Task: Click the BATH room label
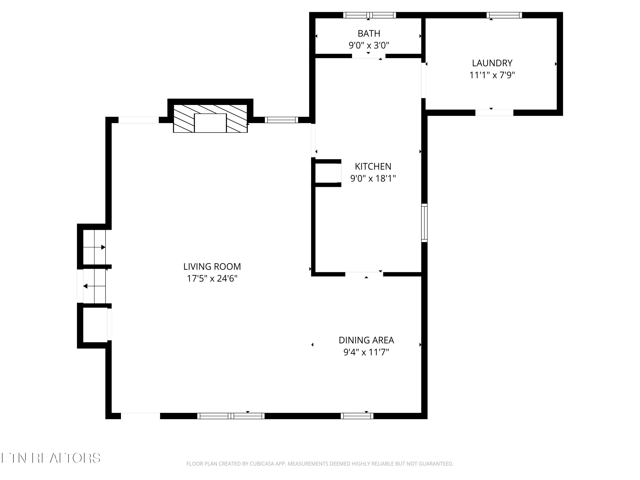369,33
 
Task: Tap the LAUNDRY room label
492,63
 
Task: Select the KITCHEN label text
373,166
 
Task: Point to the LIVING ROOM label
212,266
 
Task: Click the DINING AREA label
366,340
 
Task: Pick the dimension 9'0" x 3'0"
369,45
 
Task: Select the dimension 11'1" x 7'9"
492,75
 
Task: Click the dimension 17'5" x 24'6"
212,279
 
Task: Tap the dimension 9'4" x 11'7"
366,352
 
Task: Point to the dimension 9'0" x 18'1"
373,179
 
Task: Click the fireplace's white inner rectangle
210,123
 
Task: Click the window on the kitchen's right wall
424,223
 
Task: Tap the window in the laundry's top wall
504,15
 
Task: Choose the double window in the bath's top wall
369,15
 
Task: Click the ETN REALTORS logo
51,458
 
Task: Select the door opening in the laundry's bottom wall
494,113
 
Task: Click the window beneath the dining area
357,416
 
